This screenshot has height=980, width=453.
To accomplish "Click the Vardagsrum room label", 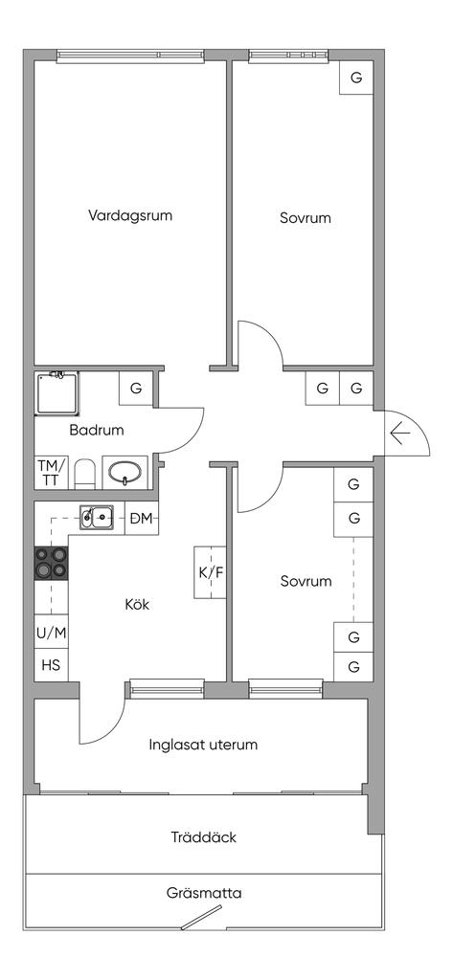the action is (130, 216).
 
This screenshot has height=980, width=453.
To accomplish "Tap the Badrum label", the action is (97, 430).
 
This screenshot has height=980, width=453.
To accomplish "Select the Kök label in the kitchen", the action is (138, 605).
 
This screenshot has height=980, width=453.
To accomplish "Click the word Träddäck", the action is (204, 836).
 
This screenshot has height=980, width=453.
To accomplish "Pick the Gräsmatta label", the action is (204, 893).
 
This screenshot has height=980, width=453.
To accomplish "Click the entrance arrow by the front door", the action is (399, 433).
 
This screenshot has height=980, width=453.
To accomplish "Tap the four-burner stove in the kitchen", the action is (51, 564).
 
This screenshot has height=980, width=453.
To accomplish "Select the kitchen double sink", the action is (97, 517).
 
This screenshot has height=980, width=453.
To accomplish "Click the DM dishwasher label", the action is (142, 518).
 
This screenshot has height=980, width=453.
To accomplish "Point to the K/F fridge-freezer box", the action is (211, 572).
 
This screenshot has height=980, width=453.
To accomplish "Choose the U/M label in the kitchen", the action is (51, 634).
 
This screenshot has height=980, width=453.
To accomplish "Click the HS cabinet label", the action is (51, 665).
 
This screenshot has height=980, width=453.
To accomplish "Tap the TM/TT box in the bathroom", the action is (51, 473).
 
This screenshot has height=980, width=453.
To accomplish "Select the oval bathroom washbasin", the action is (125, 473).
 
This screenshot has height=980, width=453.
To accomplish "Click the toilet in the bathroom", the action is (84, 475).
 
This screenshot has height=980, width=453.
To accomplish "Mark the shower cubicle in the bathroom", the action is (57, 393).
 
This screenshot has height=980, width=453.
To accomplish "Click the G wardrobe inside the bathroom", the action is (136, 389).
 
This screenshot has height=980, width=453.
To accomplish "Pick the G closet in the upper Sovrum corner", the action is (356, 78).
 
